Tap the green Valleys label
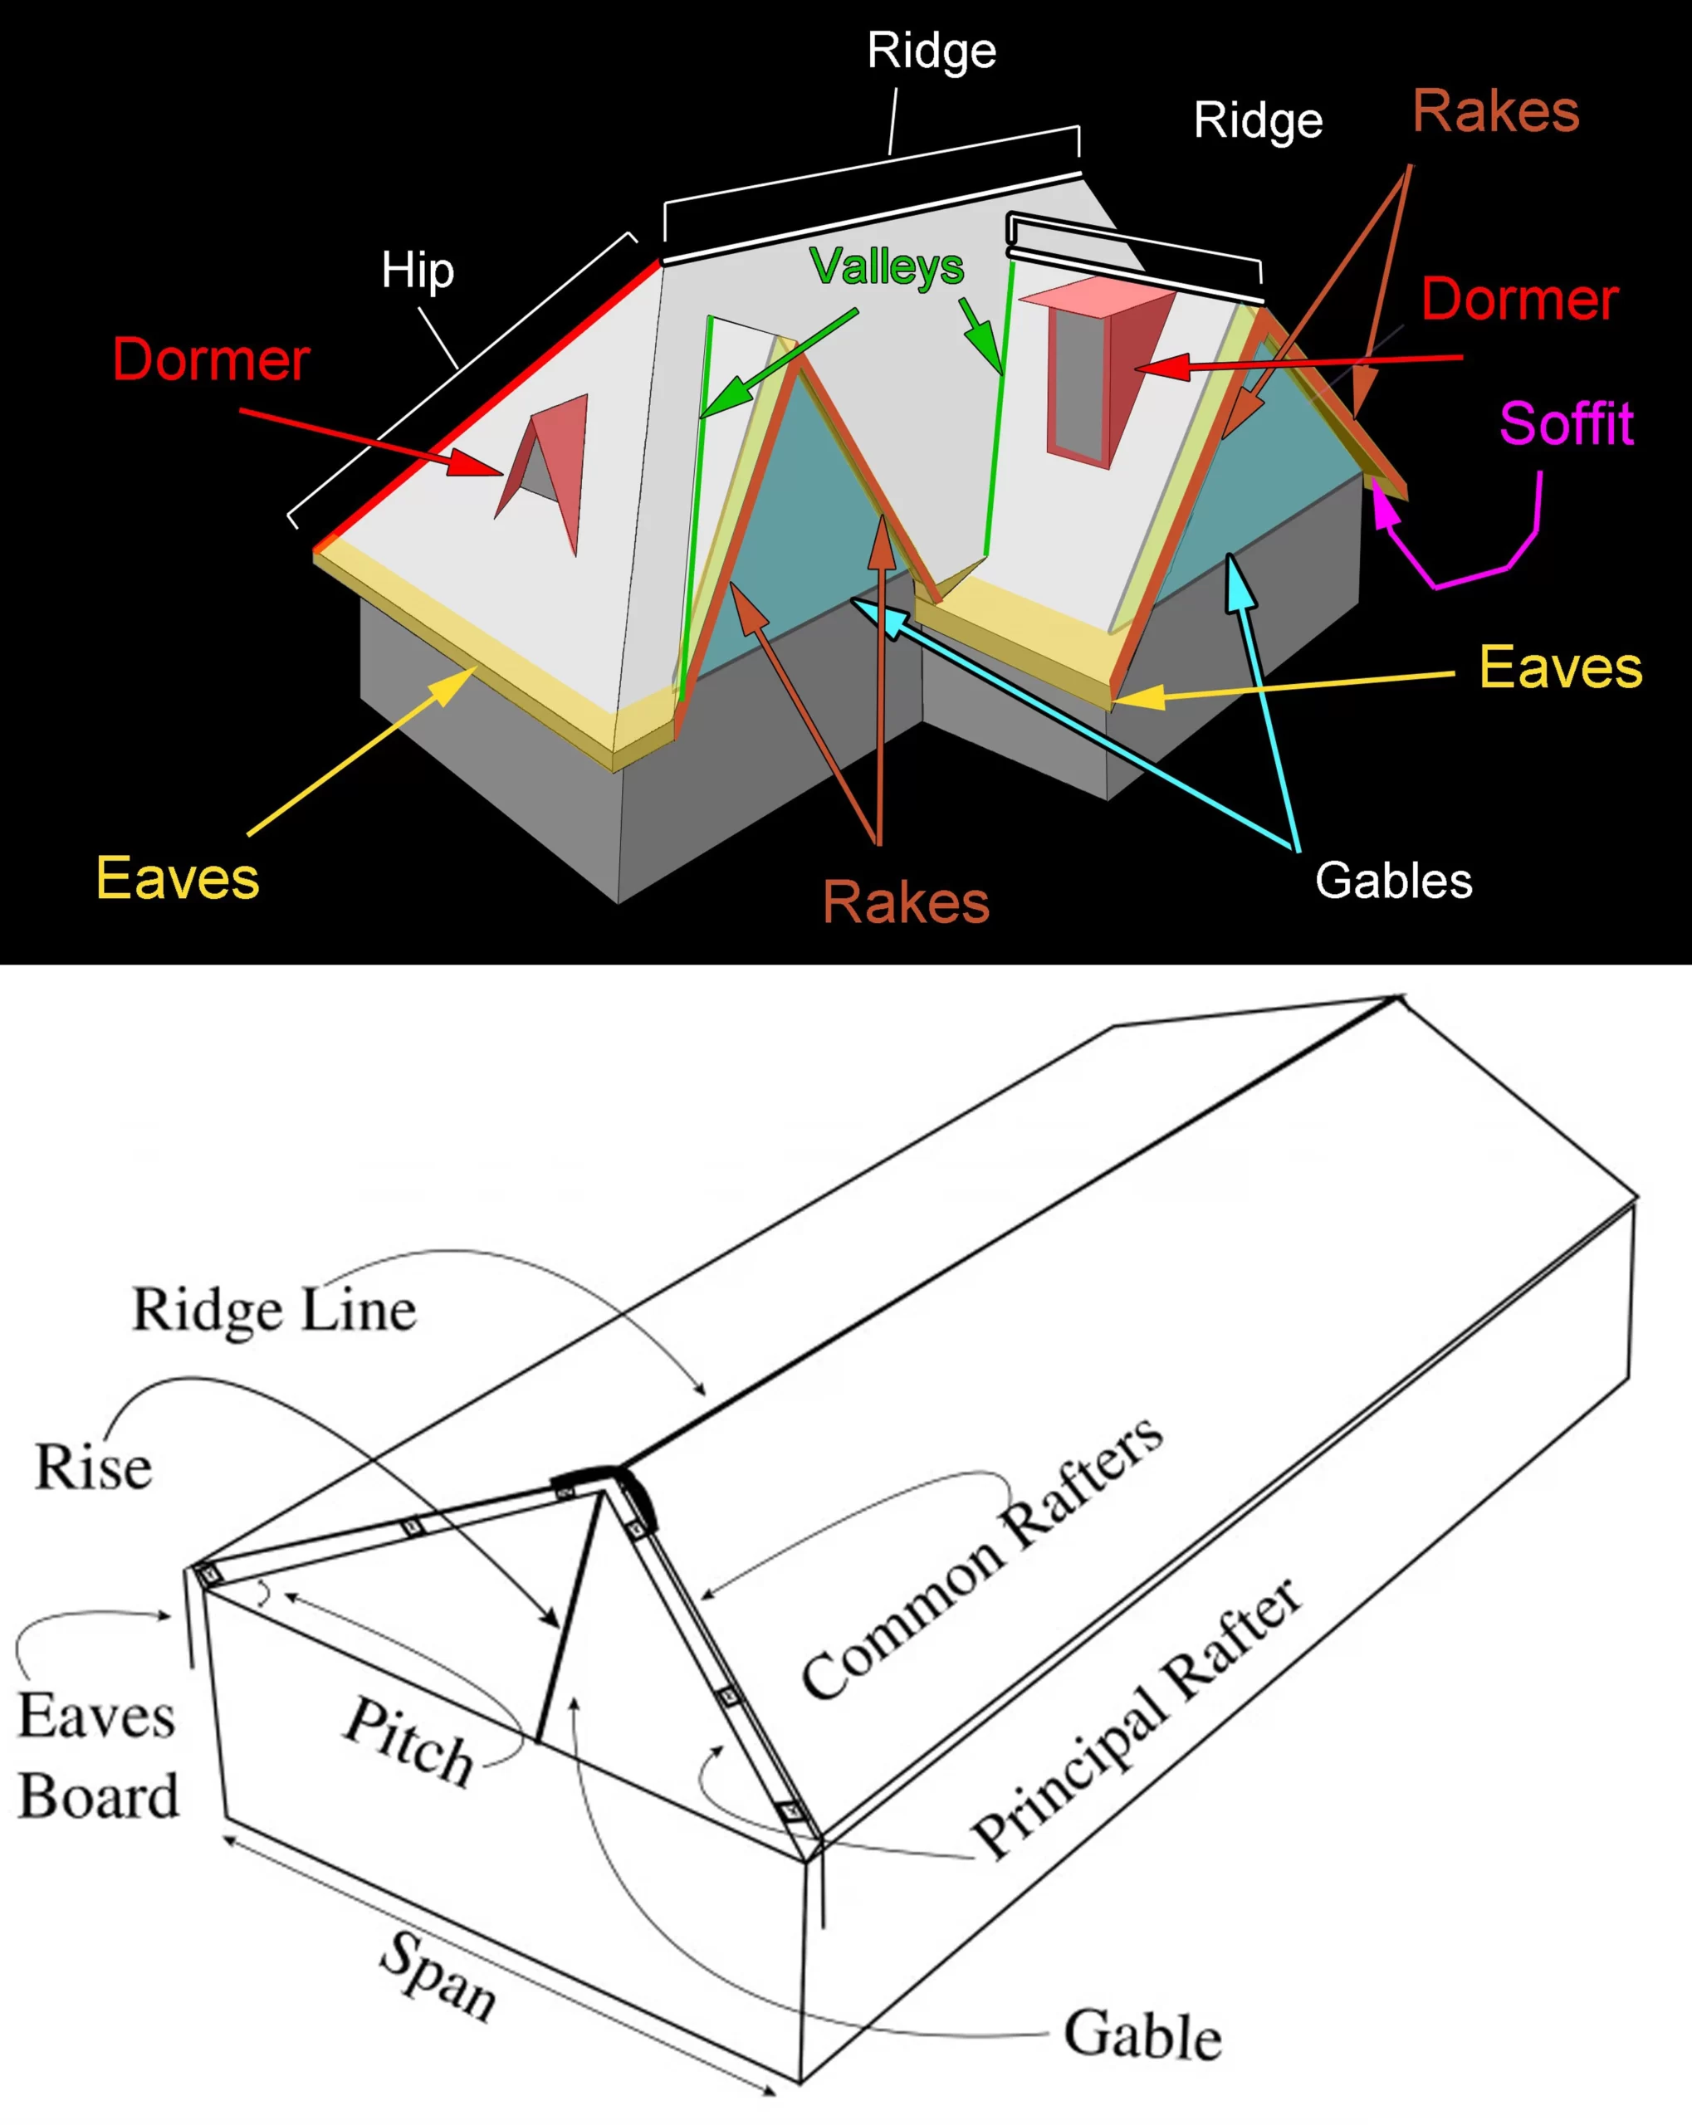(886, 266)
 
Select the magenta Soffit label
(1566, 424)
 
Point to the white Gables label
(1393, 880)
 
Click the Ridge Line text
(274, 1311)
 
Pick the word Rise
(94, 1467)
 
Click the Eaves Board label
(98, 1756)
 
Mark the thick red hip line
(488, 404)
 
